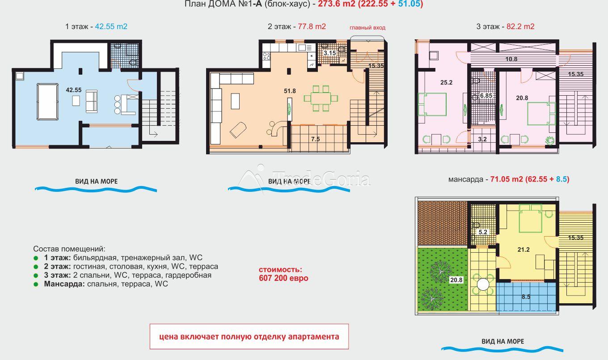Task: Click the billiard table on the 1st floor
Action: point(47,102)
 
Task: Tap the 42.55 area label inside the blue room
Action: point(74,90)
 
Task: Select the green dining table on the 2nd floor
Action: point(321,98)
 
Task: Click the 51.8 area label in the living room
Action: point(290,91)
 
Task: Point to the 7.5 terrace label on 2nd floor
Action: point(316,139)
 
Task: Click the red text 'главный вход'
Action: point(367,28)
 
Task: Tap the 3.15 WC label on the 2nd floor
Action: point(330,53)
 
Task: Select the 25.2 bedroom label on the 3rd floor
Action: point(446,82)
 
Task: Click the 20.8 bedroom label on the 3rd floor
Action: point(522,98)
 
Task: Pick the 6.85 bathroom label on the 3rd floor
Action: point(486,96)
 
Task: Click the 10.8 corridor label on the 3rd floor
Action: point(511,59)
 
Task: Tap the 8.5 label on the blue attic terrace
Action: point(526,297)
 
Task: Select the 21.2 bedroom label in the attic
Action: point(524,250)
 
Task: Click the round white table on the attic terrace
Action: point(483,284)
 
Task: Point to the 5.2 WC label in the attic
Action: point(483,232)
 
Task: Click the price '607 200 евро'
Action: point(283,278)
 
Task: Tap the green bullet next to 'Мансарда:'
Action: point(36,284)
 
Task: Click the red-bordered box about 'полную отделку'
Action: point(249,336)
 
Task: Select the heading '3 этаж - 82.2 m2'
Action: point(505,26)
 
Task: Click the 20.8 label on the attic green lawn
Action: point(456,280)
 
